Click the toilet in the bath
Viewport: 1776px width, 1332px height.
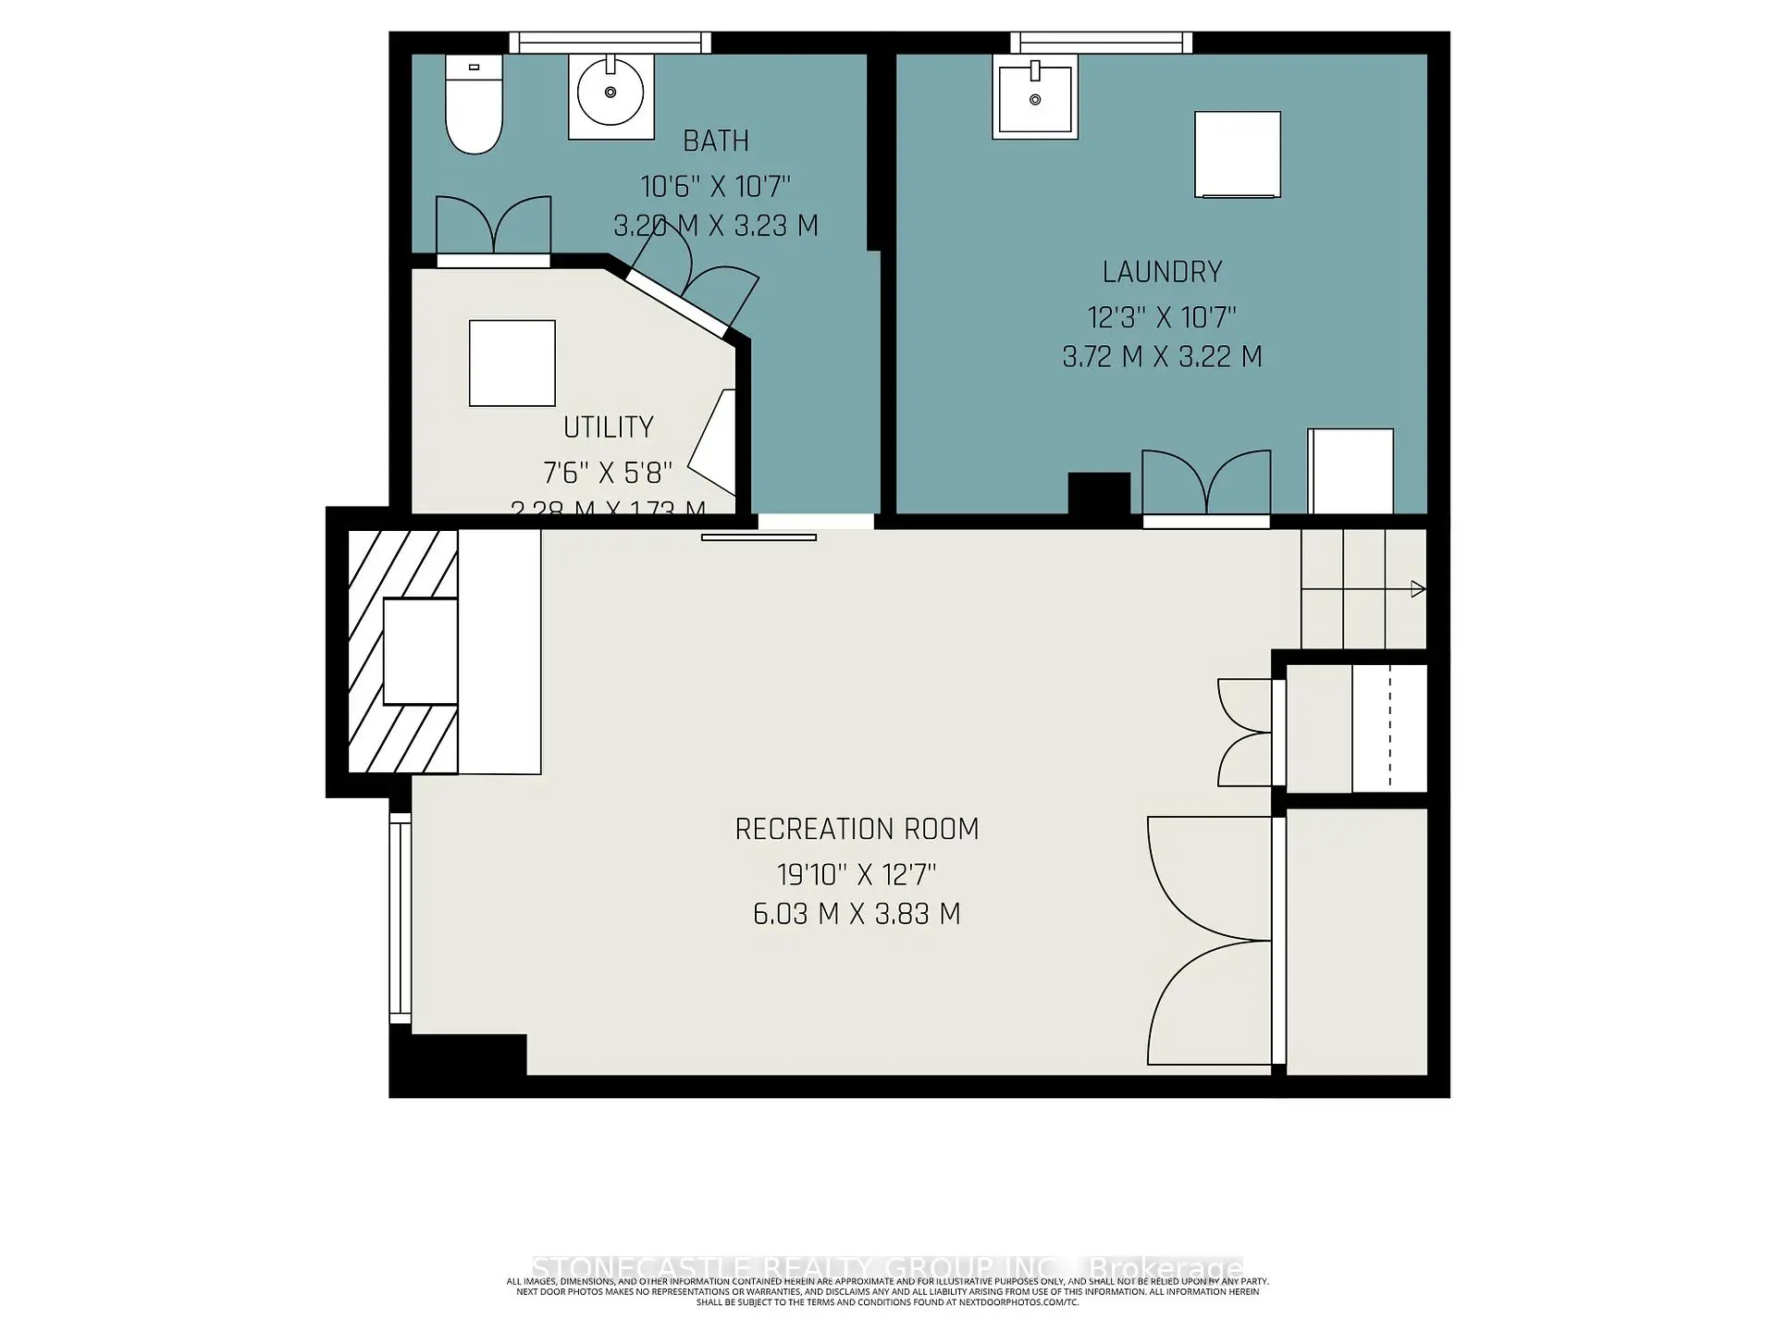pyautogui.click(x=474, y=104)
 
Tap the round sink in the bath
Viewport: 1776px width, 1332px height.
pyautogui.click(x=610, y=93)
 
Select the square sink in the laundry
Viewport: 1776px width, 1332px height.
pyautogui.click(x=1035, y=96)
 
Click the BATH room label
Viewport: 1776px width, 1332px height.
pyautogui.click(x=715, y=142)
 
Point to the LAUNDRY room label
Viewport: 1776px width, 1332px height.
pyautogui.click(x=1162, y=272)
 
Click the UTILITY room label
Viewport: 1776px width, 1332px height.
pyautogui.click(x=608, y=427)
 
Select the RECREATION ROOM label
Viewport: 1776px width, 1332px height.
pyautogui.click(x=857, y=830)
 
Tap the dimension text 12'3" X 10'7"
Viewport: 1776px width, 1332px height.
pyautogui.click(x=1162, y=318)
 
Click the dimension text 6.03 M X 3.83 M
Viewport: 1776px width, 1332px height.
pyautogui.click(x=857, y=914)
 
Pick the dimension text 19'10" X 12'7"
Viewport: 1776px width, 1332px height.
pyautogui.click(x=857, y=874)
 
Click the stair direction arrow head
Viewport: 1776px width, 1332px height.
pyautogui.click(x=1418, y=589)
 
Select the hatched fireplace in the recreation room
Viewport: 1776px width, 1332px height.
pyautogui.click(x=402, y=652)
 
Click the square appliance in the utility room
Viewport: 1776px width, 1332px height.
pyautogui.click(x=512, y=364)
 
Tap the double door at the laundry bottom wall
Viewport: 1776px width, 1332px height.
pyautogui.click(x=1206, y=486)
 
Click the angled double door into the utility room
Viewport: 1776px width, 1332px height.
pyautogui.click(x=694, y=277)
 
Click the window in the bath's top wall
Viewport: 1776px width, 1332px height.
pyautogui.click(x=610, y=43)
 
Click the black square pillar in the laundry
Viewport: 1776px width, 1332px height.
pyautogui.click(x=1099, y=493)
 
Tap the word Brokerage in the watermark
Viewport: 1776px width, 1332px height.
pyautogui.click(x=1165, y=1267)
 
